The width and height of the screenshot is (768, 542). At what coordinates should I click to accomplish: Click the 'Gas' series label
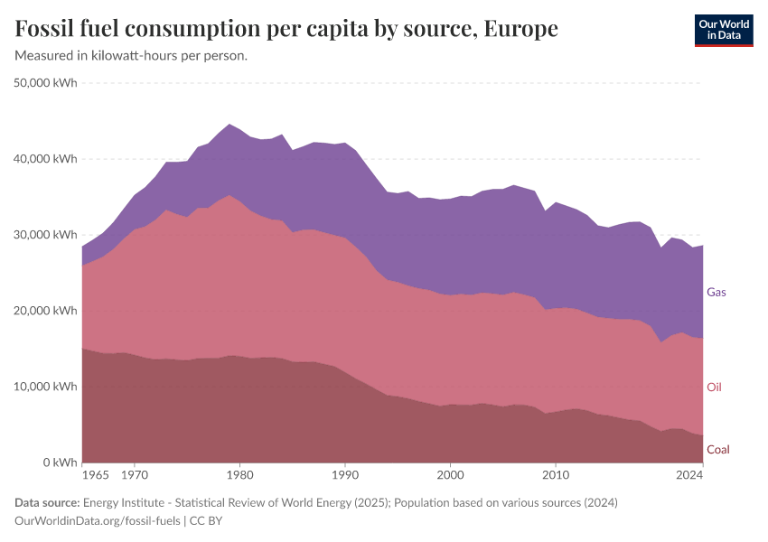tap(716, 293)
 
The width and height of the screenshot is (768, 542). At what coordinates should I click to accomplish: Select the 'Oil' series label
tap(714, 388)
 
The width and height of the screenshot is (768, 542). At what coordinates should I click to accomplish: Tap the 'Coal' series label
tap(717, 450)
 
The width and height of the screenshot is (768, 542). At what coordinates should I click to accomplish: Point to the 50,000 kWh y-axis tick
tap(46, 83)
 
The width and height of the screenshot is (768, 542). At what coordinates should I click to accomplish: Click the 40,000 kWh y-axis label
tap(46, 159)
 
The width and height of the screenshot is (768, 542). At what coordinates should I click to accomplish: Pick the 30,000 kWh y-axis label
tap(46, 235)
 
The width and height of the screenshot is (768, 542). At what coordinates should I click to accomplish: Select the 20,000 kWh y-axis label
tap(46, 311)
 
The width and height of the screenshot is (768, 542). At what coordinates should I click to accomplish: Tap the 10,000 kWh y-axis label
tap(46, 387)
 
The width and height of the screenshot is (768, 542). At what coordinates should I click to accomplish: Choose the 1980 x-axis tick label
tap(239, 474)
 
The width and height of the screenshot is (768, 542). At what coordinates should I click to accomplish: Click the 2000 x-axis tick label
tap(450, 474)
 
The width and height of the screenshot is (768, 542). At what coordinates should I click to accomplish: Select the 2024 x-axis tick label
tap(689, 474)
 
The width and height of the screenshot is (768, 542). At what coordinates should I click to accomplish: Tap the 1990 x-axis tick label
tap(344, 474)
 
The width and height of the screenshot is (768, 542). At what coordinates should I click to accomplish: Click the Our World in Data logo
tap(724, 30)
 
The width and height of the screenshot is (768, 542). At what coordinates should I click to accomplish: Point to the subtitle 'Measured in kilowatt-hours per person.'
tap(132, 56)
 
